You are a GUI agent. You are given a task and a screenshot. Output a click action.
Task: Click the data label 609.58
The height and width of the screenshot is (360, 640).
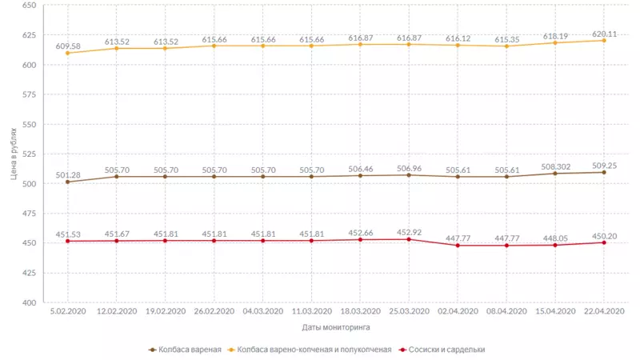(67, 46)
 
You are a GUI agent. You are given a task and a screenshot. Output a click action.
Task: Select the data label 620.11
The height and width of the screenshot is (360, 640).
(604, 34)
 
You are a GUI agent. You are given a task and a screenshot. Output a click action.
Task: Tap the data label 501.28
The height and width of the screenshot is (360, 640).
(67, 175)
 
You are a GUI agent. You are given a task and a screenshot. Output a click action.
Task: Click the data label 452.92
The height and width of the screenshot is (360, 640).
(409, 233)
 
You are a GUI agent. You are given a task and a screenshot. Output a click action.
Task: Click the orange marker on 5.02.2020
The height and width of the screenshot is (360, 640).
(67, 53)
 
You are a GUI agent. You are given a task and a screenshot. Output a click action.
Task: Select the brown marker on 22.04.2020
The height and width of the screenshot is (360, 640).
(604, 172)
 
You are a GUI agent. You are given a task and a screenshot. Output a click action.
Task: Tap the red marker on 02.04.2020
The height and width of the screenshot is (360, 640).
(458, 246)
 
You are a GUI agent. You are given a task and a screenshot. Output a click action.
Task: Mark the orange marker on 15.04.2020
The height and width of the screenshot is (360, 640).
(555, 42)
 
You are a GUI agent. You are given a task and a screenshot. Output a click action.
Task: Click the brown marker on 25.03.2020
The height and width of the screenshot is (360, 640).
(409, 174)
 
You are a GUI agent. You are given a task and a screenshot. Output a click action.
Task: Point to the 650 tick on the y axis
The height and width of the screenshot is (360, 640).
(30, 6)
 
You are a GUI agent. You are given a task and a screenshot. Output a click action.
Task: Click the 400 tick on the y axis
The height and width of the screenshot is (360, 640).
(30, 303)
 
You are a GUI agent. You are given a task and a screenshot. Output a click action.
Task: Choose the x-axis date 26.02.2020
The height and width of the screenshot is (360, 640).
(214, 311)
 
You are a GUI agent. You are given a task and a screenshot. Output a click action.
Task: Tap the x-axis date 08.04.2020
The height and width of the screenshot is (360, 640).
(506, 311)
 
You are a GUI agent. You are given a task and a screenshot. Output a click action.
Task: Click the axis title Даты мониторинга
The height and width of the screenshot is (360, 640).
(336, 327)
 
